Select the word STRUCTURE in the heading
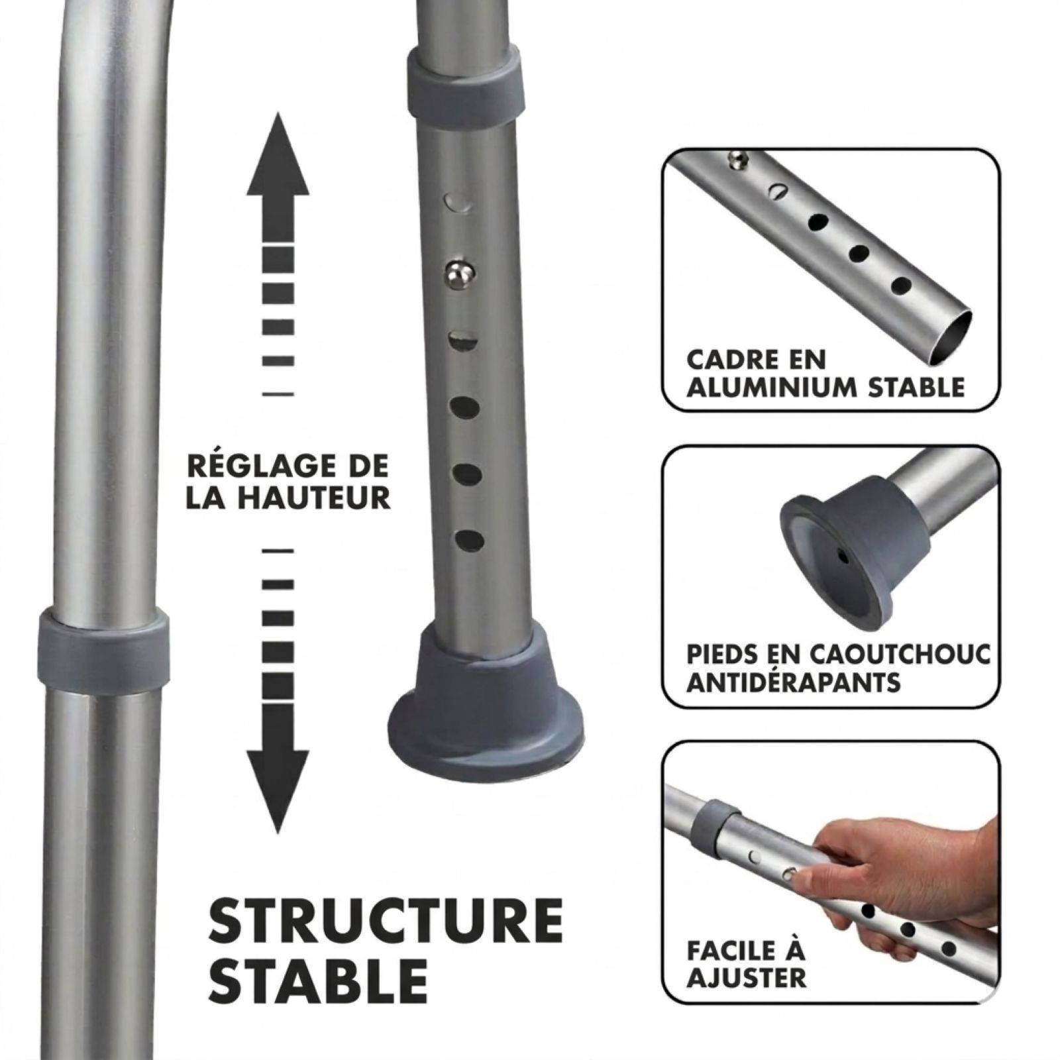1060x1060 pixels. pyautogui.click(x=386, y=922)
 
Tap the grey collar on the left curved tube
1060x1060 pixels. pyautogui.click(x=103, y=643)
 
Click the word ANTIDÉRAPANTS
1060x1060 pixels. pyautogui.click(x=793, y=682)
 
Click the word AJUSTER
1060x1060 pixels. pyautogui.click(x=746, y=977)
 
